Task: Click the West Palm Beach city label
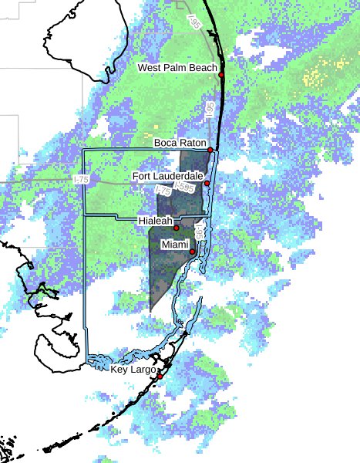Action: (177, 68)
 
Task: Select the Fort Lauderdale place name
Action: (167, 176)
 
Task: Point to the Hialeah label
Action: (154, 221)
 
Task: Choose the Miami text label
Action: (174, 245)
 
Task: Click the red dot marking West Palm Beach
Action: (221, 75)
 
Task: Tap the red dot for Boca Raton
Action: (210, 150)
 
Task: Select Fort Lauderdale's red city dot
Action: (207, 183)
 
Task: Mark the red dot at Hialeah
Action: (177, 228)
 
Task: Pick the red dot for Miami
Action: (192, 252)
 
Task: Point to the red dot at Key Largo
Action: (160, 377)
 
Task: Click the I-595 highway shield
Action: (184, 187)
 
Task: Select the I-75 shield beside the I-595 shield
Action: (163, 190)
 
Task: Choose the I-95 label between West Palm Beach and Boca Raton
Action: (208, 110)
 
